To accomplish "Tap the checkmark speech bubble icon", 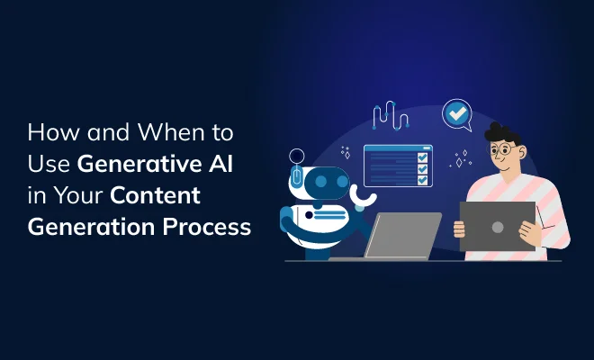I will (457, 115).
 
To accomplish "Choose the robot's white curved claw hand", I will (367, 199).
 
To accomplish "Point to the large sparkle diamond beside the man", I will (459, 162).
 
